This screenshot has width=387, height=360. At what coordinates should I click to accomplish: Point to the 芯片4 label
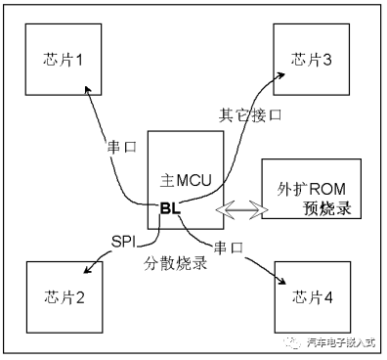point(314,297)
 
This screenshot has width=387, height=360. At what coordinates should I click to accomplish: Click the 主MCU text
point(186,182)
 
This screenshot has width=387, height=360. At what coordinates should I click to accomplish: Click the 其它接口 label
point(250,114)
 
